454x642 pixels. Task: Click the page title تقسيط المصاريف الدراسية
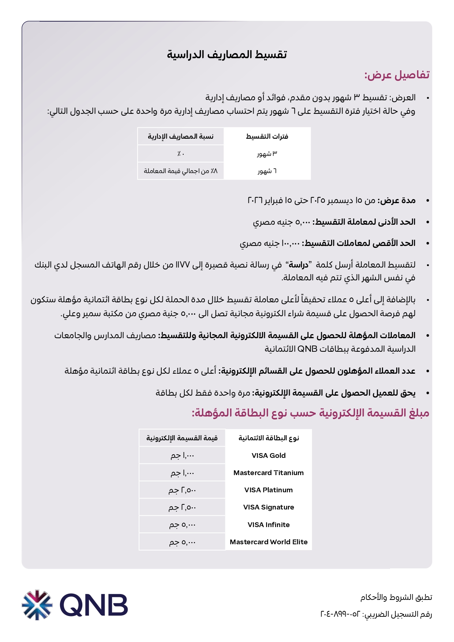tap(227, 55)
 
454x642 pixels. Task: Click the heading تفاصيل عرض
tap(397, 75)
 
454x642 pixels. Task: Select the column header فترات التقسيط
tap(267, 137)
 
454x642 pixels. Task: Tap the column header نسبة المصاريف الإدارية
tap(181, 137)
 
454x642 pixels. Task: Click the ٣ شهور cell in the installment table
tap(267, 154)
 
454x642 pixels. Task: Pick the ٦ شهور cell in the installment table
tap(267, 171)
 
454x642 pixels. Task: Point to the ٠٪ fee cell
tap(181, 154)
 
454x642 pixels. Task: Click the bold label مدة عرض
tap(397, 201)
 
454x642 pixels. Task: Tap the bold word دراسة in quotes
tap(299, 265)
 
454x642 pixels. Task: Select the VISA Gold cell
tap(269, 456)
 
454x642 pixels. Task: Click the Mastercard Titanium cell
tap(269, 473)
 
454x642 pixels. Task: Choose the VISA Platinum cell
tap(269, 490)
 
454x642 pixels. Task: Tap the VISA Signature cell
tap(269, 507)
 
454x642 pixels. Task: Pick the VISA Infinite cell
tap(269, 525)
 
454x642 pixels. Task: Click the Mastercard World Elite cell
tap(269, 542)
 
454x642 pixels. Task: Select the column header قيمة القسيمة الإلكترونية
tap(182, 438)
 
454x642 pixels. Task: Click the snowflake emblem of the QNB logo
tap(37, 604)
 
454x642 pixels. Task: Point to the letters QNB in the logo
tap(94, 605)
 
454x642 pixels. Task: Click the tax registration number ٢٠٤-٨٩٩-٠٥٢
tap(340, 614)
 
